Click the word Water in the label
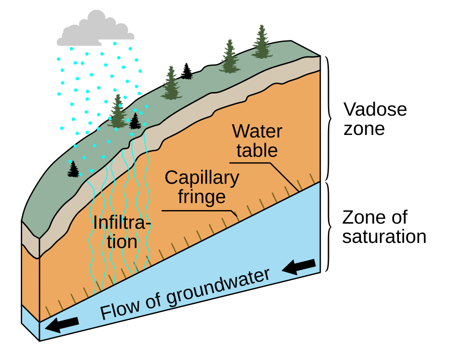(x=257, y=131)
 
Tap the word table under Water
(x=257, y=150)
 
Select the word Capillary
(x=202, y=178)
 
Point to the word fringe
(x=202, y=197)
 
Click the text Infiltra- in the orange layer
(x=122, y=223)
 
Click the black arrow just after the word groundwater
(x=299, y=266)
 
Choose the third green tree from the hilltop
(x=171, y=82)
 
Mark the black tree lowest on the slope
(x=73, y=169)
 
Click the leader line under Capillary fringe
(x=198, y=211)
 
